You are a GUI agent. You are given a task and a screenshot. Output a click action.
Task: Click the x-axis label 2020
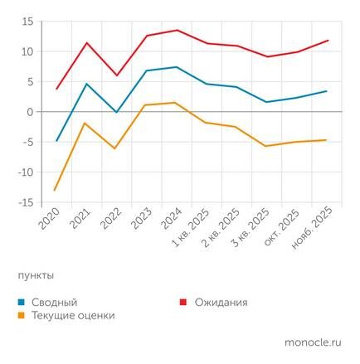point(50,221)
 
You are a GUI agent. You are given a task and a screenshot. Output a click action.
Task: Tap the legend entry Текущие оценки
point(73,316)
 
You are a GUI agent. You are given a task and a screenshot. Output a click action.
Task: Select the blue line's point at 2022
point(117,112)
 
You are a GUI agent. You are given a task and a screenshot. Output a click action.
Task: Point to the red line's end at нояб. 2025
point(327,40)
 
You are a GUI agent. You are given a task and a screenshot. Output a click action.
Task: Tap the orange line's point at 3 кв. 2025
point(266,146)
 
